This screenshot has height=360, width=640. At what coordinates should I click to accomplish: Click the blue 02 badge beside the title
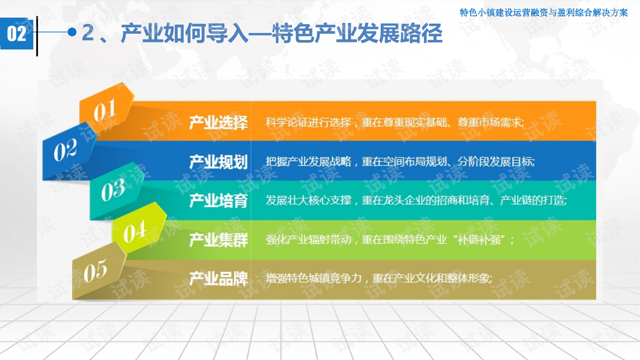pos(17,34)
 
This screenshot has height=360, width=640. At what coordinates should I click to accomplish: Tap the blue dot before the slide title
pos(72,32)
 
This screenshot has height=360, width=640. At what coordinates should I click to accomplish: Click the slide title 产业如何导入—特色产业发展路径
pos(261,33)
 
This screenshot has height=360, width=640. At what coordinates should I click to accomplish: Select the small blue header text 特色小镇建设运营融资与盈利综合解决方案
pos(544,13)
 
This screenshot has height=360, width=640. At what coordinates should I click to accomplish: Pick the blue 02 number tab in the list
pos(68,151)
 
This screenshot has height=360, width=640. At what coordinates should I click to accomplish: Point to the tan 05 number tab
pos(98,271)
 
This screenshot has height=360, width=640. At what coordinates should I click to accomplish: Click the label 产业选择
pos(219,123)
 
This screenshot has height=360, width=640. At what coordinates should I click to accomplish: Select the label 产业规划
pos(219,162)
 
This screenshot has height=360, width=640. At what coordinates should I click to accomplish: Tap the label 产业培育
pos(219,201)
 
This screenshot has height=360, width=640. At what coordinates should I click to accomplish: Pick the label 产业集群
pos(219,239)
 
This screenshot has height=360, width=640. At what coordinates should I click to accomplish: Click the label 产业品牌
pos(219,279)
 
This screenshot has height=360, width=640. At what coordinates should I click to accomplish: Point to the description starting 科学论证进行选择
pos(395,122)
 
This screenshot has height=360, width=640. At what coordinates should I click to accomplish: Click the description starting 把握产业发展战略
pos(400,161)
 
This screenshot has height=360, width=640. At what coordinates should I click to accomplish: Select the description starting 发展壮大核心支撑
pos(416,200)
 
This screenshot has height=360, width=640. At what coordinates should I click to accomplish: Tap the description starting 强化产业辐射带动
pos(390,239)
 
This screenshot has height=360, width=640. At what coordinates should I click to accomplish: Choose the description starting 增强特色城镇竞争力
pos(379,279)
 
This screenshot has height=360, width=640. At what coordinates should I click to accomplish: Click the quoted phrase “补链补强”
pos(481,239)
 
